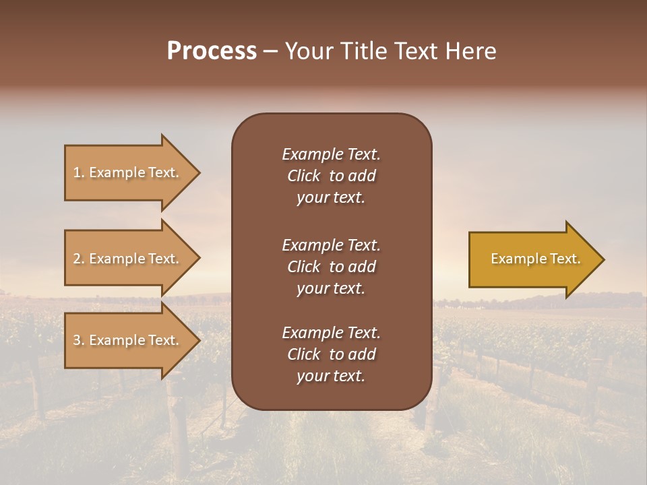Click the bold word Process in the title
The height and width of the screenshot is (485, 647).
point(212,51)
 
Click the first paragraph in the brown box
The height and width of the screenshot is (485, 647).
point(331,176)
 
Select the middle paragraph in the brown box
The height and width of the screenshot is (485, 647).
point(331,266)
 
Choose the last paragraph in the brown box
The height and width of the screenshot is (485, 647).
point(331,354)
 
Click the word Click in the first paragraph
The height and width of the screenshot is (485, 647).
point(303,176)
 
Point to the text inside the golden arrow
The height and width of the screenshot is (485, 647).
point(535,259)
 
